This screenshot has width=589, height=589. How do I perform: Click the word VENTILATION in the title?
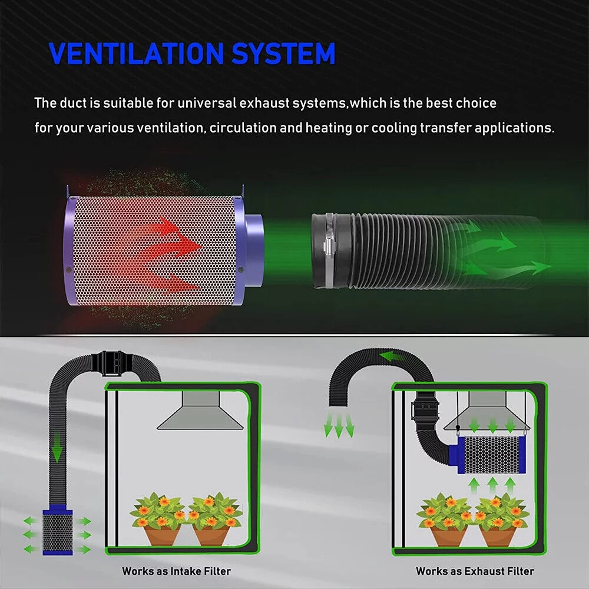(137, 54)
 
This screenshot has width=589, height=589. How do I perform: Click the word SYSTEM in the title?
(283, 54)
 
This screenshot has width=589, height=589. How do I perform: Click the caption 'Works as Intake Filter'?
(176, 571)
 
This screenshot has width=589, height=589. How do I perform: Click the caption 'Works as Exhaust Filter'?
(475, 571)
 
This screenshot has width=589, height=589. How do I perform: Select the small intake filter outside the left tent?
(58, 531)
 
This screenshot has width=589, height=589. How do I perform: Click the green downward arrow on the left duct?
(57, 448)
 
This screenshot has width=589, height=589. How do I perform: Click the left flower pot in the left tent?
(162, 535)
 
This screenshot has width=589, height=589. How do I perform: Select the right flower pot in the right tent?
(498, 536)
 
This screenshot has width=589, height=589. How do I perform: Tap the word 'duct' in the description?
(74, 103)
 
